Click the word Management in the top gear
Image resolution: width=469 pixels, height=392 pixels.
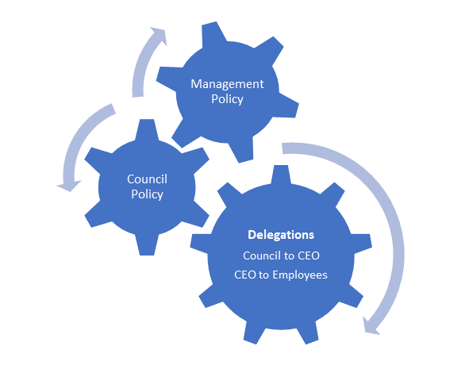tap(227, 84)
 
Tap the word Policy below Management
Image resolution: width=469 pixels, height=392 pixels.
tap(227, 99)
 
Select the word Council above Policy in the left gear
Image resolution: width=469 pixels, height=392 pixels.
tap(147, 179)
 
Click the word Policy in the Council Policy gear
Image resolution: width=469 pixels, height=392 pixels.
tap(147, 194)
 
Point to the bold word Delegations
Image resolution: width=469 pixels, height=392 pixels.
tap(281, 235)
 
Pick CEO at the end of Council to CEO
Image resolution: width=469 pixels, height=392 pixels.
tap(309, 256)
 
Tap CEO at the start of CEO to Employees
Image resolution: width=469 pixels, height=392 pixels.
tap(245, 275)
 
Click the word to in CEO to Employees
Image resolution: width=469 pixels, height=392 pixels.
tap(263, 275)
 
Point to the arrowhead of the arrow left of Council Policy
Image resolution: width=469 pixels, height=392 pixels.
tap(69, 186)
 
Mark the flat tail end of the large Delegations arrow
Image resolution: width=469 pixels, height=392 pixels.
tap(283, 148)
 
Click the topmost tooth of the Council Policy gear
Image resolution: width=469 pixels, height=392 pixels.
tap(147, 129)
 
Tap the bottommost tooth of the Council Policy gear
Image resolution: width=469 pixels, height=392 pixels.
tap(147, 245)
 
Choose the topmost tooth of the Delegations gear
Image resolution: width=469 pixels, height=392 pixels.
tap(281, 175)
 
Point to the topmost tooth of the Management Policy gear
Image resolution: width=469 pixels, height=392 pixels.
tap(213, 33)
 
